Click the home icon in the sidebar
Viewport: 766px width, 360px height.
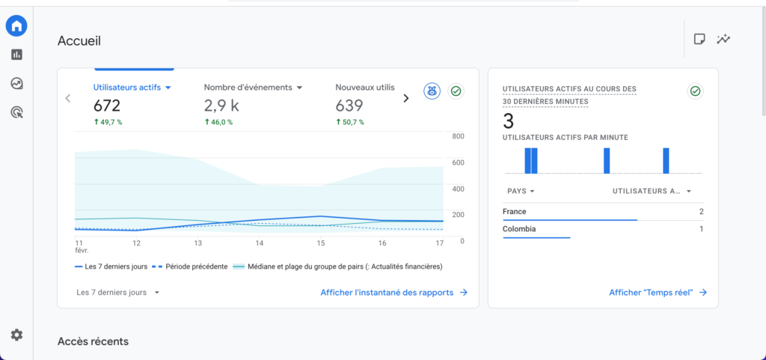click(x=16, y=25)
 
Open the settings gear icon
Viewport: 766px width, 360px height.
click(x=16, y=335)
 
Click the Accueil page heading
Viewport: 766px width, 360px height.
click(x=79, y=40)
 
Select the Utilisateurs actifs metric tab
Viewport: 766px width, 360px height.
click(x=132, y=88)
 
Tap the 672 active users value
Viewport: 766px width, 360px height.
click(x=107, y=106)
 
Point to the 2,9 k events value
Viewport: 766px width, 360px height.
click(x=221, y=106)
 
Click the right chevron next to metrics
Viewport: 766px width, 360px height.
click(x=406, y=98)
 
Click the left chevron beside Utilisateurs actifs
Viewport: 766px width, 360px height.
click(x=68, y=98)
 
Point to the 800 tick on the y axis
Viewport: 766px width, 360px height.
click(x=458, y=136)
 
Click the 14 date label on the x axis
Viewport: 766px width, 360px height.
click(x=259, y=243)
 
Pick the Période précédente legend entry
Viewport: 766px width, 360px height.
click(x=191, y=266)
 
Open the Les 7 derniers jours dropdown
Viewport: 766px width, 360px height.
click(x=118, y=293)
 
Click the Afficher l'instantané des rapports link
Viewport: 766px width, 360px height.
click(x=393, y=293)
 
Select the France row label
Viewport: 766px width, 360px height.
click(x=515, y=212)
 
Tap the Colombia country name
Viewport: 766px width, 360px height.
click(x=519, y=229)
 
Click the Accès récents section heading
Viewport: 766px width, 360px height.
click(x=93, y=341)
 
